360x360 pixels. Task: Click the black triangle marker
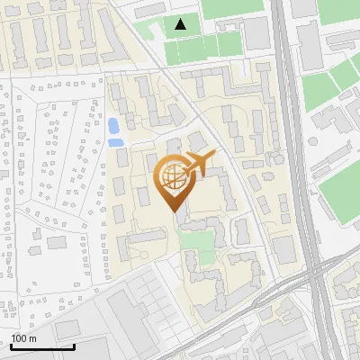[181, 24]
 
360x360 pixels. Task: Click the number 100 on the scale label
[19, 338]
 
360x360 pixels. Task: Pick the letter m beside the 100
[31, 338]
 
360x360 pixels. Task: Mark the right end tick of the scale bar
[74, 345]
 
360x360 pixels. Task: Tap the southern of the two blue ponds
[115, 141]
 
